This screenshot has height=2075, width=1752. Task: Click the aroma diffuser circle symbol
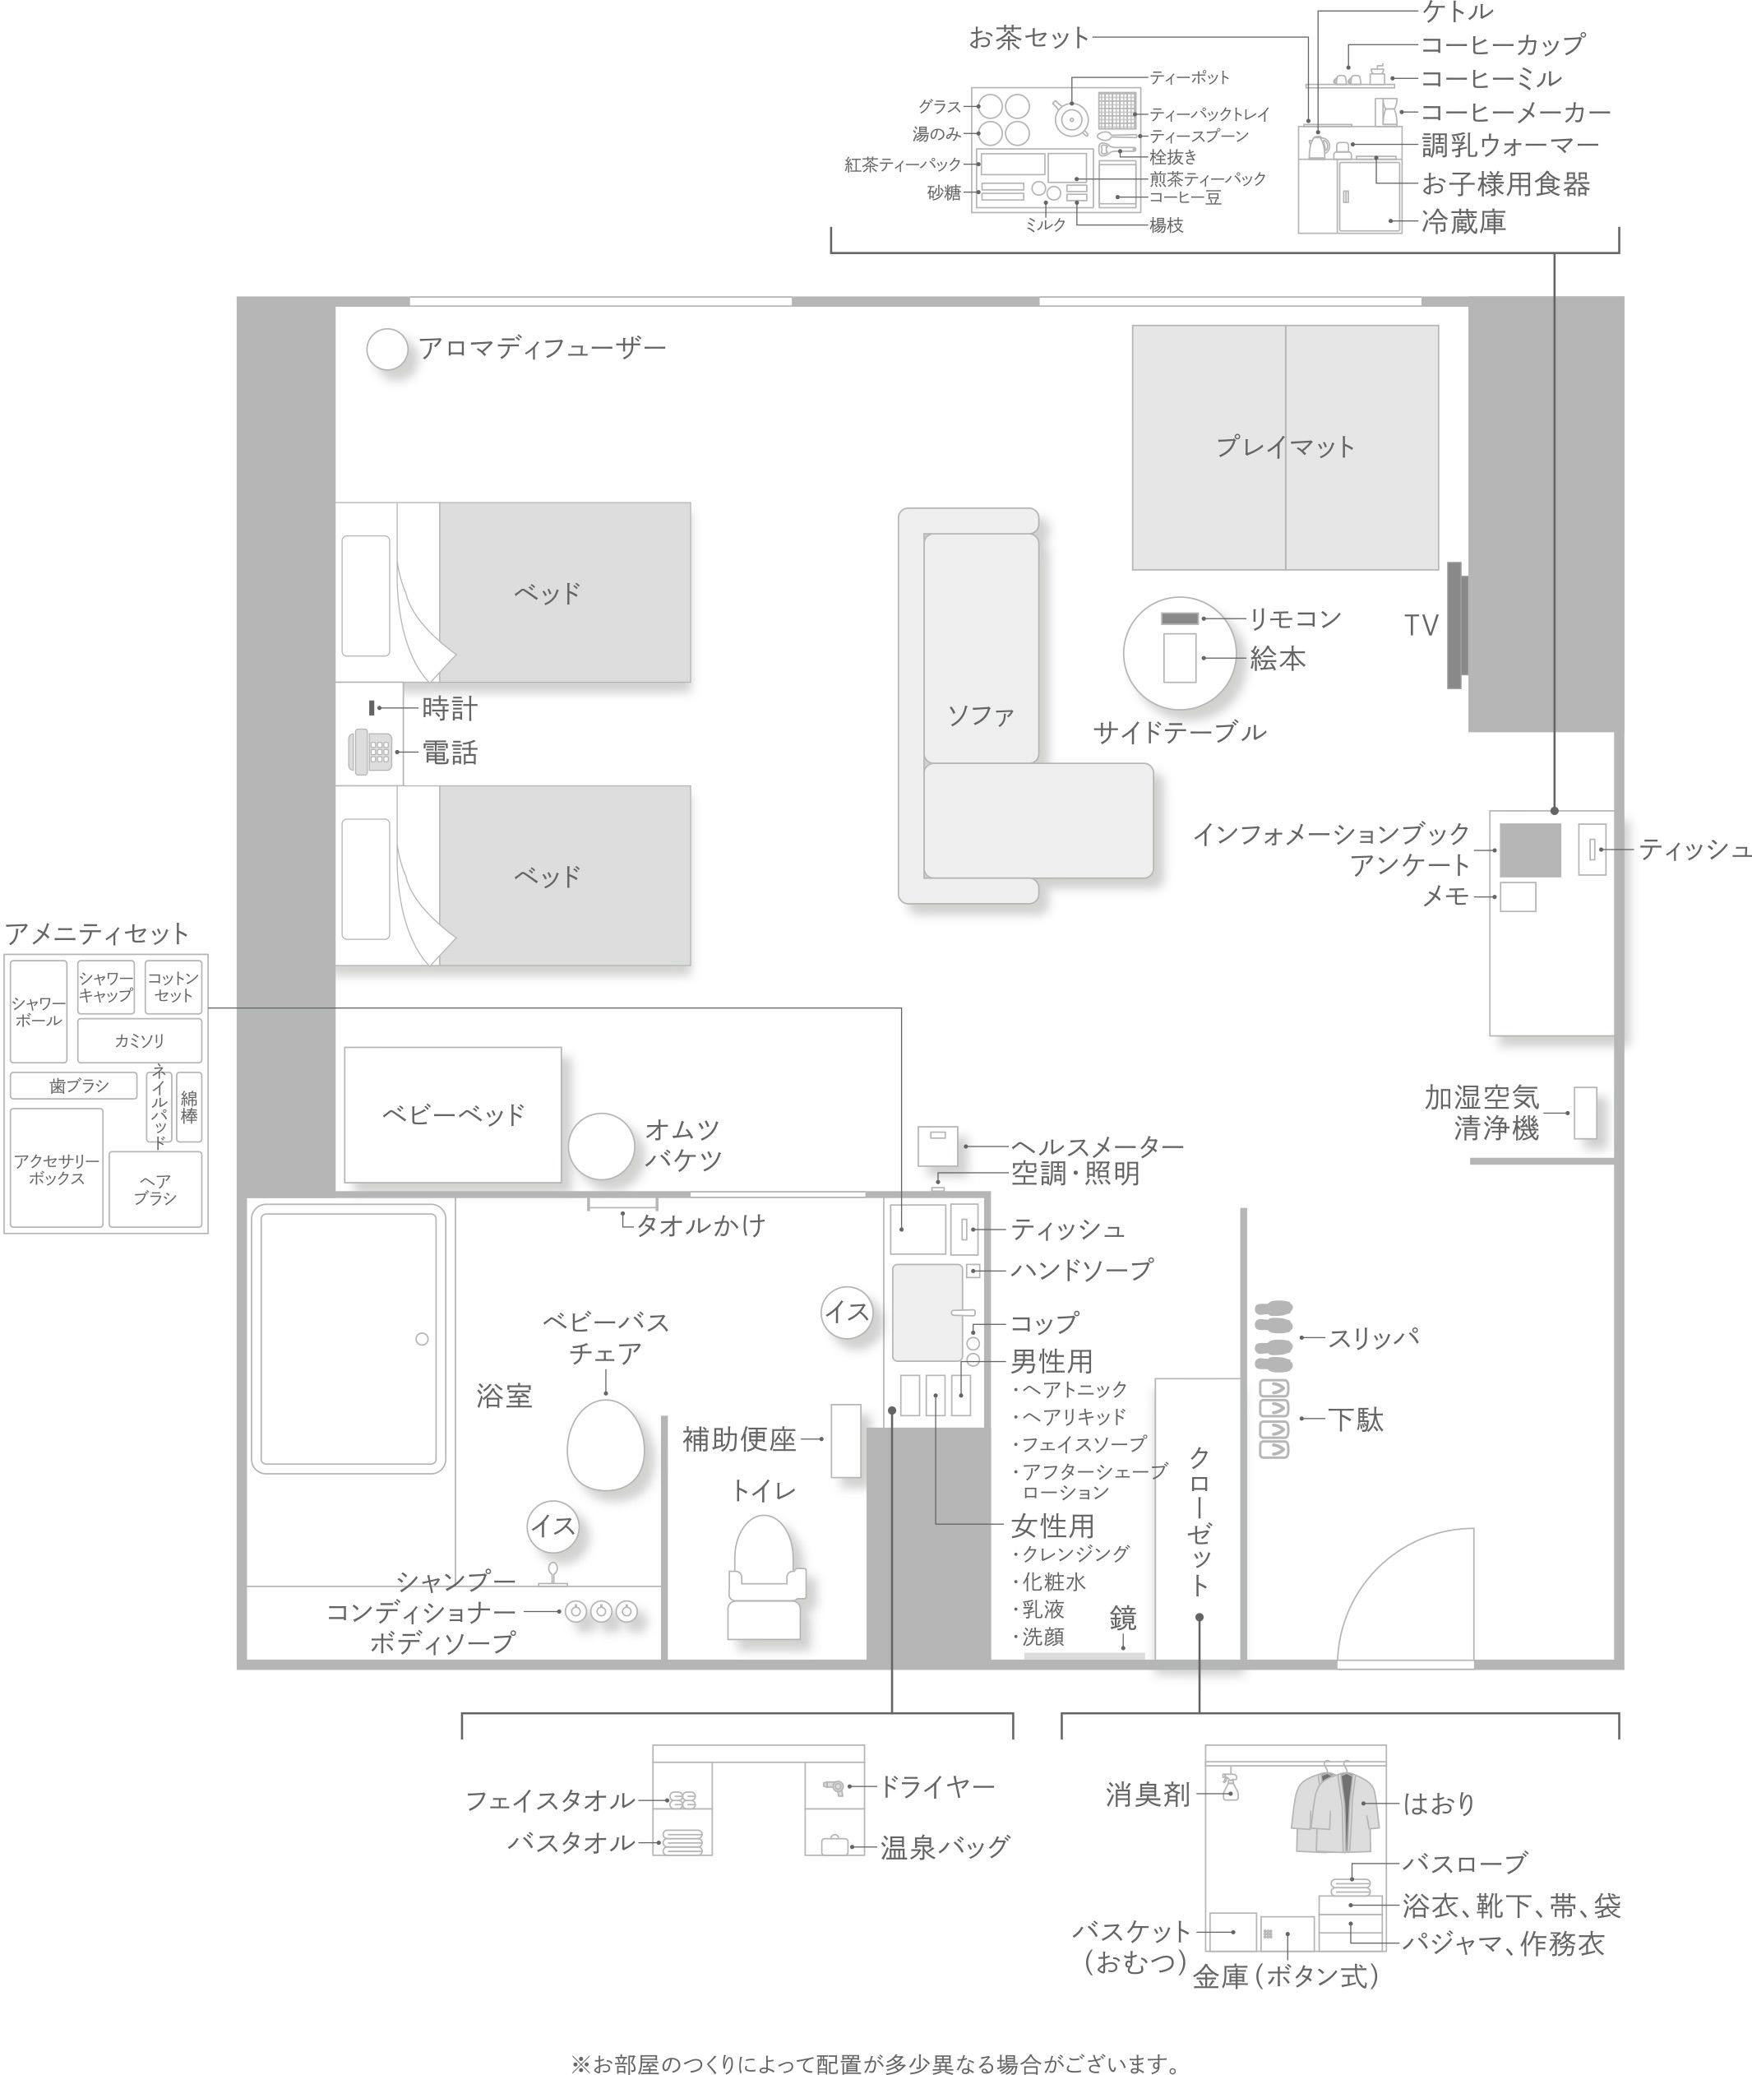click(387, 350)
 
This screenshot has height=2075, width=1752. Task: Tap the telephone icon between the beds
click(369, 752)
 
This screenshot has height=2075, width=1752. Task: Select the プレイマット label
click(1285, 447)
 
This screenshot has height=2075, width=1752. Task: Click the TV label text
click(1421, 625)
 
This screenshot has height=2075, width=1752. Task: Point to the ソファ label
click(980, 716)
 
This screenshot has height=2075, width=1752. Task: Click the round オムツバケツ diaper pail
click(601, 1146)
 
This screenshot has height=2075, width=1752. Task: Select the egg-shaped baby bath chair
click(605, 1444)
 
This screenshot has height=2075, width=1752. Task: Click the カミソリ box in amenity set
click(140, 1041)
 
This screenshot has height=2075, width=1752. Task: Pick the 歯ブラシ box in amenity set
click(73, 1086)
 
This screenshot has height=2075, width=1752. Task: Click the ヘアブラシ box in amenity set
click(155, 1189)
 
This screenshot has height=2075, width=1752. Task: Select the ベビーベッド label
click(453, 1114)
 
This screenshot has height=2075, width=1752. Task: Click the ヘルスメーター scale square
click(937, 1146)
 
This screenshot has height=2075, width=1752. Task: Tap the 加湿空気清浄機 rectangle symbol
click(1585, 1113)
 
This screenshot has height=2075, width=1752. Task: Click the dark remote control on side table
click(1180, 618)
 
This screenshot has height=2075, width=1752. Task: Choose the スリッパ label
click(1373, 1338)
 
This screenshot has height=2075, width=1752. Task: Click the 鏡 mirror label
click(1122, 1618)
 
